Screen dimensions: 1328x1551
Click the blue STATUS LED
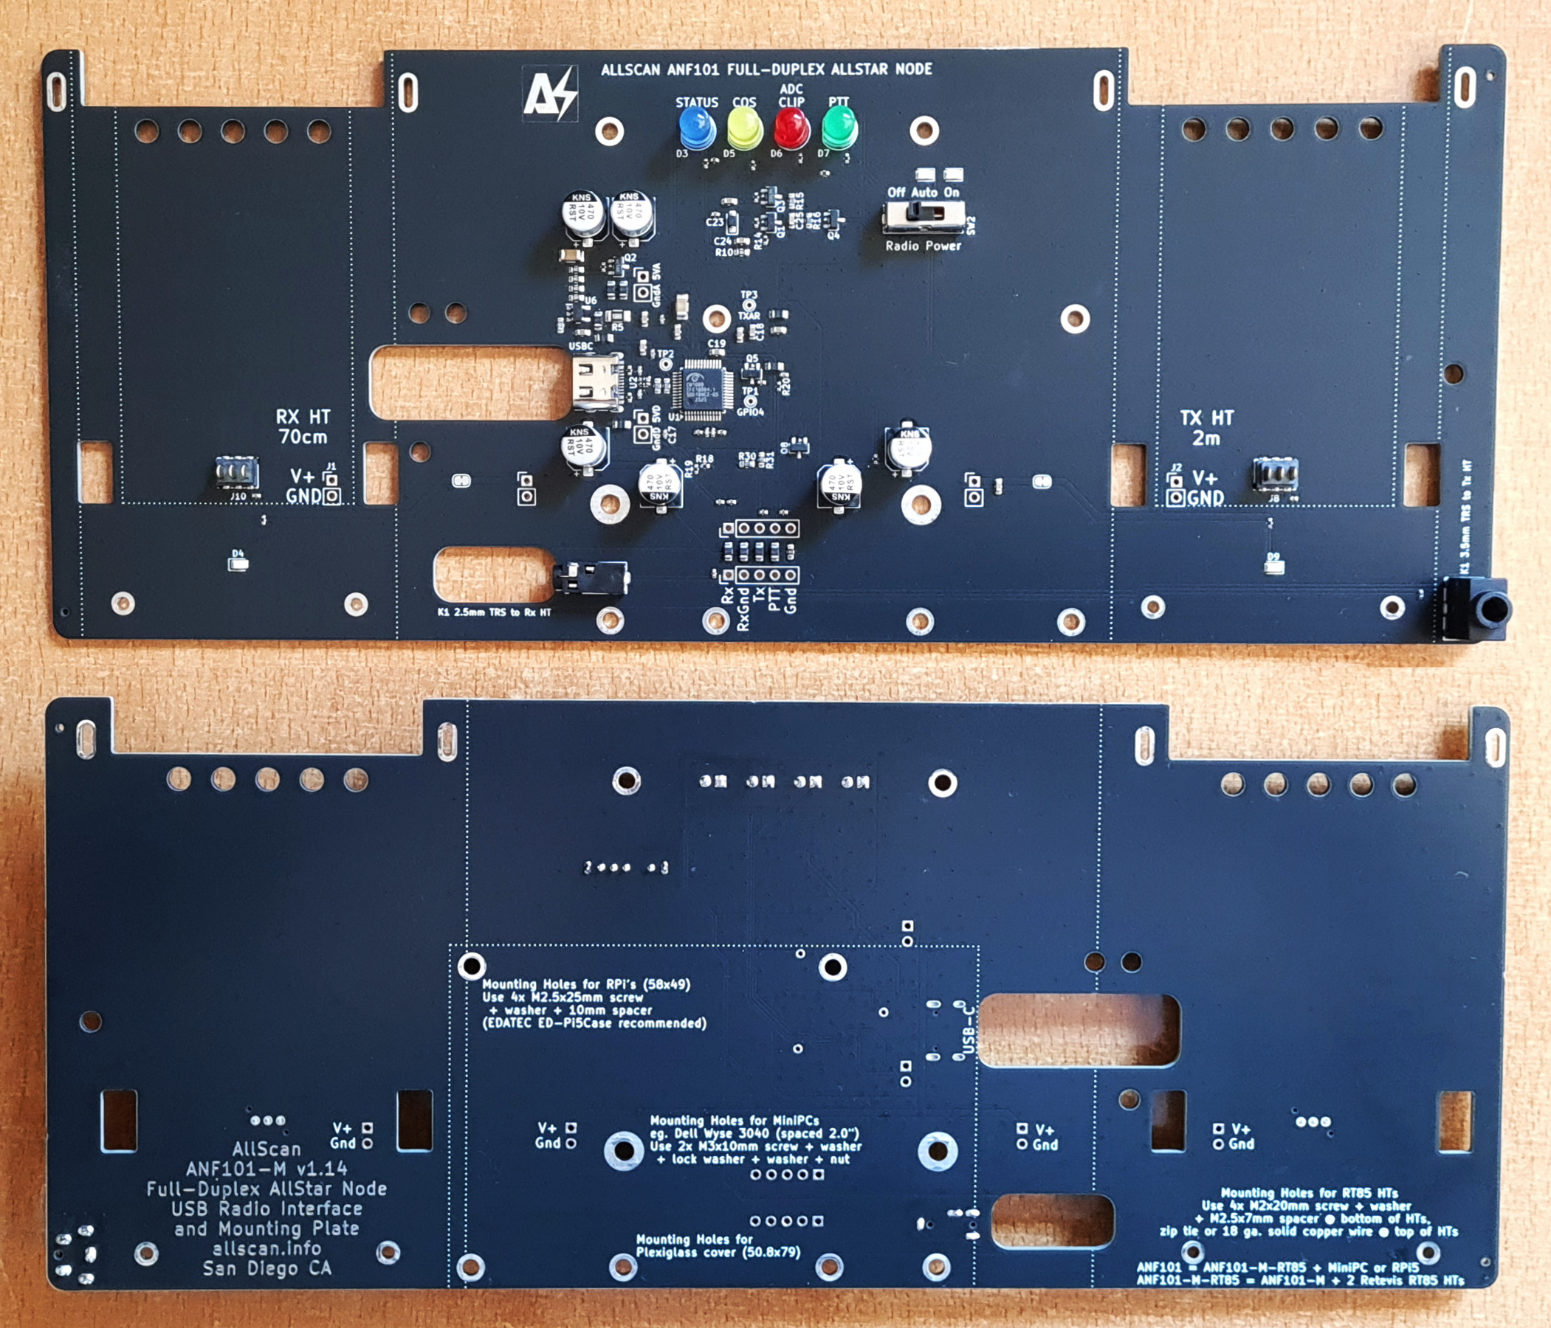[x=696, y=128]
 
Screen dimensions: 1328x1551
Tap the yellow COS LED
[x=744, y=128]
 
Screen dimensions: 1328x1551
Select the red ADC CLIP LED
[x=791, y=128]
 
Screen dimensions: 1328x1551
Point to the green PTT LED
[x=839, y=127]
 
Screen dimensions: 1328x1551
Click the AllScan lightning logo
[x=549, y=94]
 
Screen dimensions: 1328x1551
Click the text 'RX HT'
[x=303, y=417]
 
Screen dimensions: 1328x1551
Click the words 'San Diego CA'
[x=267, y=1268]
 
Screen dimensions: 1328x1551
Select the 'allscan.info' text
[x=266, y=1248]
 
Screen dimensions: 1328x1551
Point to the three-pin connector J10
[x=237, y=473]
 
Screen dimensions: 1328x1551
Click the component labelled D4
[x=237, y=563]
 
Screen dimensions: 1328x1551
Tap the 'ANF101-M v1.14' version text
[x=266, y=1168]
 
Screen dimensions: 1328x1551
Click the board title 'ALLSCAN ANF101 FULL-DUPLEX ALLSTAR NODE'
[x=766, y=69]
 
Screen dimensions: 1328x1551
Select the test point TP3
[x=749, y=306]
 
